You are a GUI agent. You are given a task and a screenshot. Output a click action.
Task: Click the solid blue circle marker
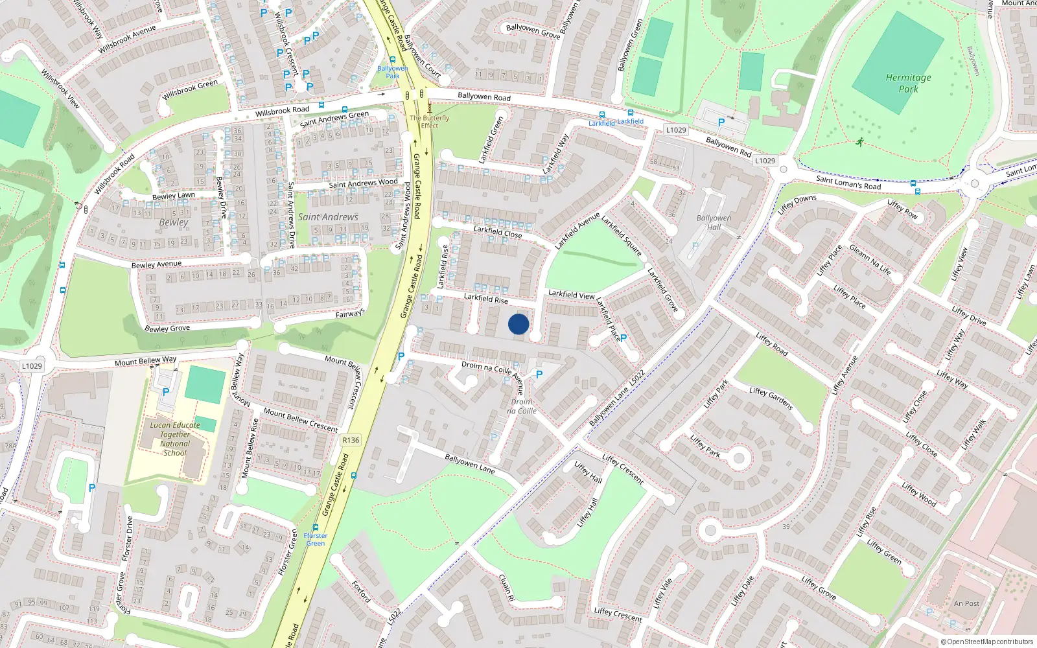coord(518,324)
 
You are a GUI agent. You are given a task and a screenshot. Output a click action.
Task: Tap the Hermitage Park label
coord(908,83)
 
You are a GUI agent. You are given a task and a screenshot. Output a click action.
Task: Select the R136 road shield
coord(351,440)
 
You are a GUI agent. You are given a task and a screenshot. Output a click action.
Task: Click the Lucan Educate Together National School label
coord(175,439)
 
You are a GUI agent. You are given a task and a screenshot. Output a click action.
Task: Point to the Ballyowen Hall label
coord(714,222)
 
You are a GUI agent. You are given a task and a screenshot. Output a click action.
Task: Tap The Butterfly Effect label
coord(429,121)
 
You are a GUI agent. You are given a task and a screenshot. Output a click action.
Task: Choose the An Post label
coord(966,603)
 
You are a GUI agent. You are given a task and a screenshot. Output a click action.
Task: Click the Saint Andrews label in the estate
coord(328,217)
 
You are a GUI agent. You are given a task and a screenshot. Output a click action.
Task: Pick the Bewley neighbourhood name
coord(174,222)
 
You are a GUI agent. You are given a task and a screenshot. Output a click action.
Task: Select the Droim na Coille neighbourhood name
coord(522,406)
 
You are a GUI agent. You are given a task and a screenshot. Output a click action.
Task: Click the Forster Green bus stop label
coord(316,539)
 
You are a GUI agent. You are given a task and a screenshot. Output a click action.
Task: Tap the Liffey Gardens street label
coord(771,399)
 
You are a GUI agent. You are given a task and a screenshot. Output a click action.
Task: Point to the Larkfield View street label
coord(571,294)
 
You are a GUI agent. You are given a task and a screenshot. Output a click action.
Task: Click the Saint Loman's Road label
coord(848,183)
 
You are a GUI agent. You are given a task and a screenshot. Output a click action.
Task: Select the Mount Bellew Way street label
coord(145,361)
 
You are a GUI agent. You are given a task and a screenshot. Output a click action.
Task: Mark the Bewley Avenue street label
coord(156,264)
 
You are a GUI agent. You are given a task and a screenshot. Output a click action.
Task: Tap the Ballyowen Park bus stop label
coord(393,71)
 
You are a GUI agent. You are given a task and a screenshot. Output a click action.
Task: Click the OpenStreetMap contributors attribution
coord(987,642)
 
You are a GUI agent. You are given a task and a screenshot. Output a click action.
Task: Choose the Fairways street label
coord(350,314)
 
